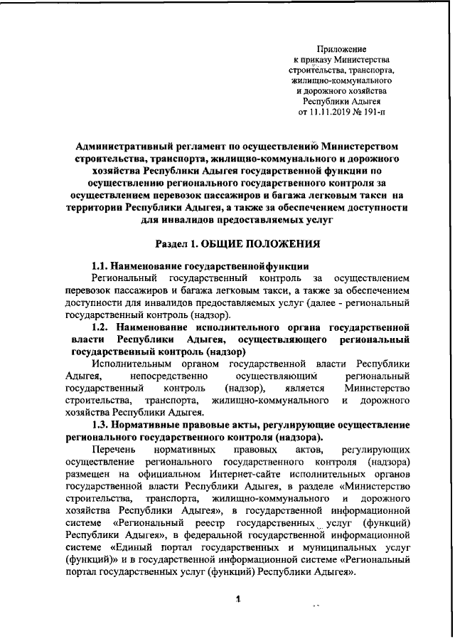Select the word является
306,388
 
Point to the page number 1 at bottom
237,599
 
